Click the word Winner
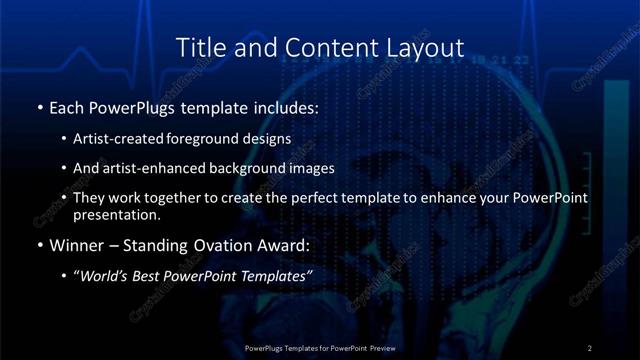(x=74, y=244)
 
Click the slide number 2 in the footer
(x=589, y=348)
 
